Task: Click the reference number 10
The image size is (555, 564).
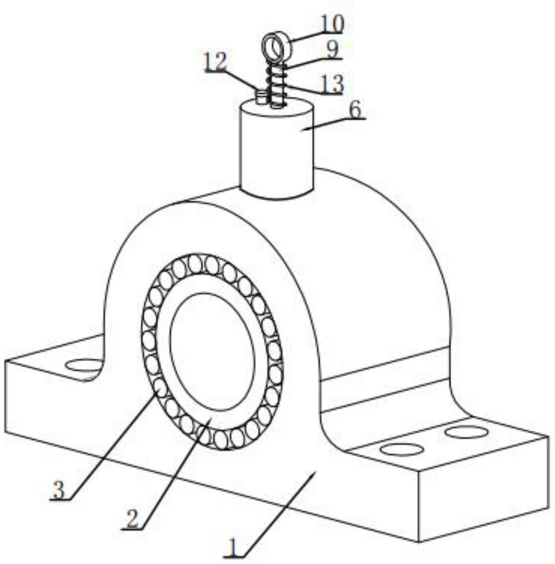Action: point(332,25)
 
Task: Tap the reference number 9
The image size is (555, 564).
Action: point(333,49)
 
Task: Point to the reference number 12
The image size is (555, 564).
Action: point(216,62)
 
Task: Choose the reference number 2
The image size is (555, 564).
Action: point(132,520)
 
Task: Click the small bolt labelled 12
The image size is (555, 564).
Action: point(261,97)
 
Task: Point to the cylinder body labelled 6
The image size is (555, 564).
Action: point(277,149)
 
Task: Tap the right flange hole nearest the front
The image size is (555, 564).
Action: point(401,450)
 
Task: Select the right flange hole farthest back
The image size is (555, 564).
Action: point(467,432)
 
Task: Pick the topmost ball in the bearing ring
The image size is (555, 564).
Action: point(195,263)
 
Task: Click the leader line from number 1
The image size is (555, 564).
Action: point(279,515)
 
